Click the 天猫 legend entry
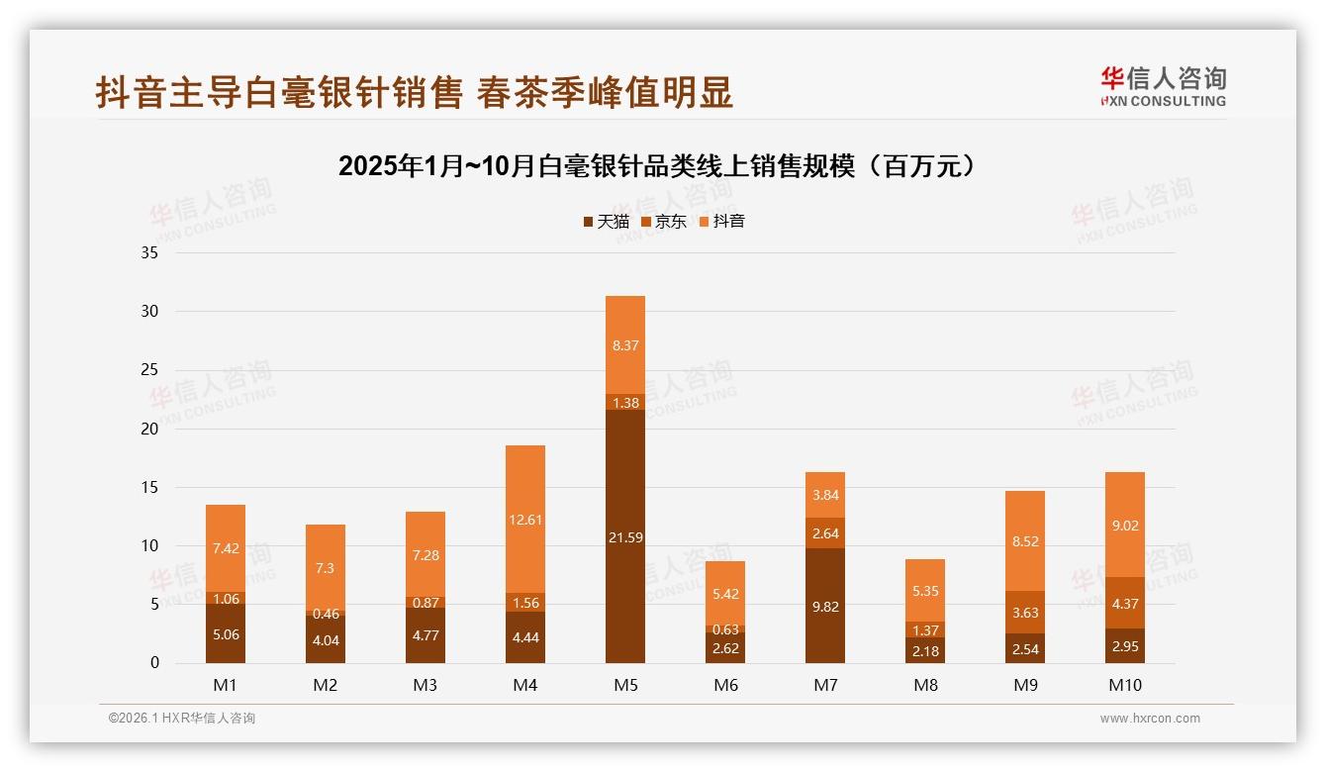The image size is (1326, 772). tap(606, 222)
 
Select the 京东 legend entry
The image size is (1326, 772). tap(664, 222)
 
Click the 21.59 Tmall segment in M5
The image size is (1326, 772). tap(624, 536)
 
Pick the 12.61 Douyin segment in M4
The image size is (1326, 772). tap(524, 519)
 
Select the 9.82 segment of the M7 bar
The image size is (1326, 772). tap(824, 606)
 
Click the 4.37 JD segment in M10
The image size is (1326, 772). tap(1124, 603)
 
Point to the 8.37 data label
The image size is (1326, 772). tap(624, 345)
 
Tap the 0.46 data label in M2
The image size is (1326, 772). tap(326, 614)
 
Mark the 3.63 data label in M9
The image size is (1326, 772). tap(1024, 613)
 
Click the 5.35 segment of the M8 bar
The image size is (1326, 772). tap(924, 591)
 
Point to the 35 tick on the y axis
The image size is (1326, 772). tap(149, 252)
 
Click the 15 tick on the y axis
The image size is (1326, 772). tap(149, 487)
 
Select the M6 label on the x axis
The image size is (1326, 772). tap(725, 685)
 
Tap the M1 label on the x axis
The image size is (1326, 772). tap(226, 685)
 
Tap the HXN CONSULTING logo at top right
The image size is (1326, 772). tap(1163, 86)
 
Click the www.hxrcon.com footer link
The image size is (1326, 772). tap(1149, 719)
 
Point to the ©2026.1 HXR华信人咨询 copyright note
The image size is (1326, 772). tap(182, 719)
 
